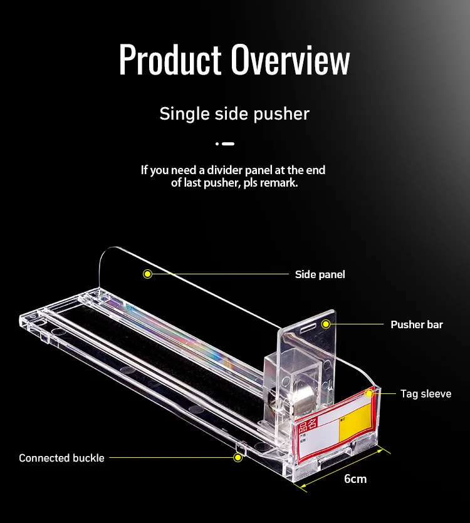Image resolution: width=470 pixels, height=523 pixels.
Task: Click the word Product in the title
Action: point(169,61)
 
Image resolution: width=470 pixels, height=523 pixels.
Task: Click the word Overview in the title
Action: point(290,61)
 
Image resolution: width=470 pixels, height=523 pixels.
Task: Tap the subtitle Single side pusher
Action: point(234,114)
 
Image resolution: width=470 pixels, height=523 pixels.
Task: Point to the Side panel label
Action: point(320,274)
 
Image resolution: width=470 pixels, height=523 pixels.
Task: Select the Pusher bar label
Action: point(416,324)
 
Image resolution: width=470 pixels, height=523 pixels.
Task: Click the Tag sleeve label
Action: point(426,394)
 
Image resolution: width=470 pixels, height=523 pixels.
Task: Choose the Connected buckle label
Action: point(61,458)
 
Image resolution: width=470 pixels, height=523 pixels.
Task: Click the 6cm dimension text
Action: point(355,479)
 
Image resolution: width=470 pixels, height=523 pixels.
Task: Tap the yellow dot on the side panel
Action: point(147,274)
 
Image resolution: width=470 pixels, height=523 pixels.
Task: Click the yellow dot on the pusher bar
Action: point(326,324)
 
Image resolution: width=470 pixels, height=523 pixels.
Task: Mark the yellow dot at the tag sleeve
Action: point(377,394)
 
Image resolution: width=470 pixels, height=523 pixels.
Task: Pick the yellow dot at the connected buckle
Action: point(238,458)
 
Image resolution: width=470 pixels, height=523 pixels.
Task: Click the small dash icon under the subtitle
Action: point(226,144)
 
